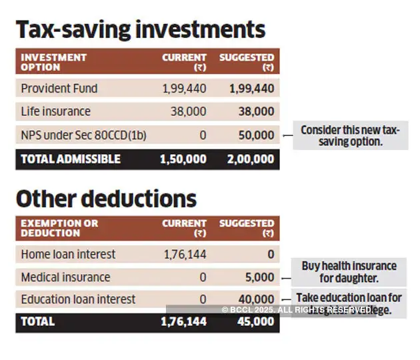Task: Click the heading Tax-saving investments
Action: [141, 30]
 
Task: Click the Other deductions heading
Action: [106, 198]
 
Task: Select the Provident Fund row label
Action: [59, 88]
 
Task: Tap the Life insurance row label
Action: [55, 111]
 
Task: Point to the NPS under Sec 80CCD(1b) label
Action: [83, 135]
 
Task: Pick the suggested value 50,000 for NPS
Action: [256, 135]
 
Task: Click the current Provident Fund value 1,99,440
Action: [184, 88]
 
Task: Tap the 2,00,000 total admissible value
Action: [250, 159]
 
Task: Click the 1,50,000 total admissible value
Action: [183, 159]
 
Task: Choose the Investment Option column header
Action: [53, 62]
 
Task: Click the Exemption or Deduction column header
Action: [59, 228]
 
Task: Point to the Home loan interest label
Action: [68, 254]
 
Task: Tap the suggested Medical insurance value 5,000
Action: [259, 277]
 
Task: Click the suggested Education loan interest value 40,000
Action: [256, 299]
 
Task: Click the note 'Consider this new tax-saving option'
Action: [350, 136]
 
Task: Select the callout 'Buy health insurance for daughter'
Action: [349, 271]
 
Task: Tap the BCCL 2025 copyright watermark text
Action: [297, 310]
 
